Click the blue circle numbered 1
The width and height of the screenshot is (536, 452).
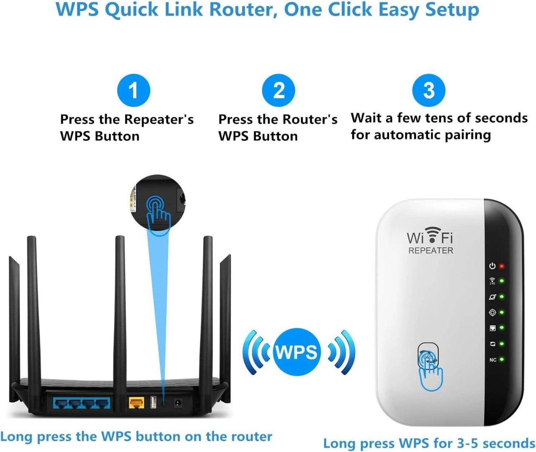(133, 90)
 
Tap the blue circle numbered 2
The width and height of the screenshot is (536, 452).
(278, 90)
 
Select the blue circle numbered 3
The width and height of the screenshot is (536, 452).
(429, 90)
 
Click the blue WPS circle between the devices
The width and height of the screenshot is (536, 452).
(297, 352)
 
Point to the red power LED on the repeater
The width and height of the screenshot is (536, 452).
(502, 266)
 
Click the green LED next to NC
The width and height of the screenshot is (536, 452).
(502, 360)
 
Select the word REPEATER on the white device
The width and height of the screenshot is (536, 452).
(430, 251)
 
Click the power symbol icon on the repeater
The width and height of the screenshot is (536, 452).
(492, 266)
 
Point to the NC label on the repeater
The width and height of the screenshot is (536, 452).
(493, 360)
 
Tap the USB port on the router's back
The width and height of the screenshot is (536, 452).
(153, 403)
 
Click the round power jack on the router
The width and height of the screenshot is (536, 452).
(177, 403)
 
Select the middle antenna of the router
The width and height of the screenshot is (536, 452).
(120, 310)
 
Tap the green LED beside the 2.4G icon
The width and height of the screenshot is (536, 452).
(502, 281)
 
